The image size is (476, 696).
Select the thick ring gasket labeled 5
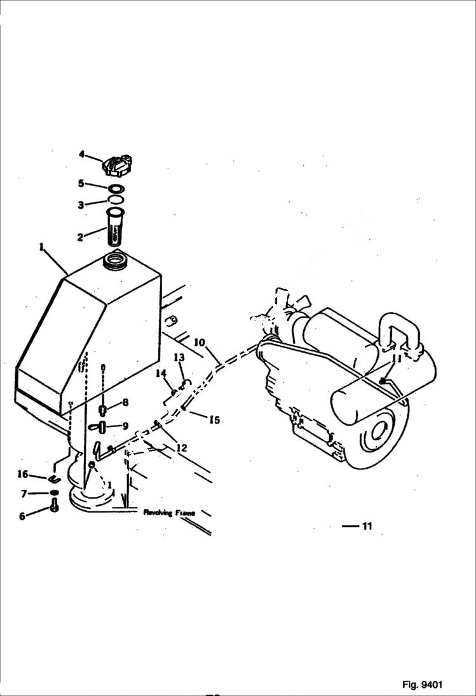click(x=116, y=188)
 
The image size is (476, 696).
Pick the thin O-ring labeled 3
click(x=115, y=200)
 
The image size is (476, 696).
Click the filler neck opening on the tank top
click(x=116, y=260)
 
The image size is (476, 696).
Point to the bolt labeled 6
click(x=54, y=506)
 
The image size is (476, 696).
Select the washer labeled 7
click(x=55, y=493)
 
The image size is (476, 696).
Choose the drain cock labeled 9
click(x=102, y=426)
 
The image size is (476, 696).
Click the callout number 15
click(x=214, y=419)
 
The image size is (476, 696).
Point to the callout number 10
click(x=199, y=343)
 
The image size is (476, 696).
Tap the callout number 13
click(x=179, y=358)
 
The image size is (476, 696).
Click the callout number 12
click(x=181, y=448)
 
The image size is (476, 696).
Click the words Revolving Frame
click(x=168, y=511)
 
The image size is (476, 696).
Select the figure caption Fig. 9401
click(x=422, y=685)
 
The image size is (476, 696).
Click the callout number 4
click(x=81, y=154)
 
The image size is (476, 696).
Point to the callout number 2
click(x=80, y=237)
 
